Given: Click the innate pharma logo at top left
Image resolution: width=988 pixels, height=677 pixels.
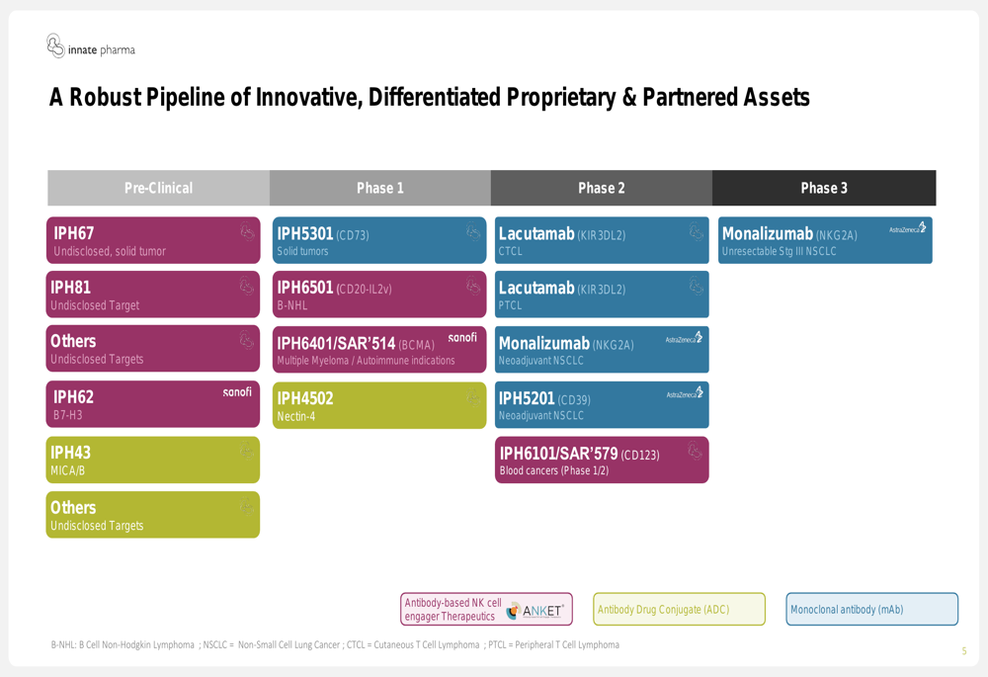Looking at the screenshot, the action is pos(91,46).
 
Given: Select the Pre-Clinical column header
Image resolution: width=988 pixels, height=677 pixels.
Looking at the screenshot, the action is pos(159,188).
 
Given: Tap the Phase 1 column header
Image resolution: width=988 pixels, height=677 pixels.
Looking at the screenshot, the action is pos(380,188).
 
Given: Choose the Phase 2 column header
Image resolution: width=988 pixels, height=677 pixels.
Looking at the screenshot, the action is pos(602,188).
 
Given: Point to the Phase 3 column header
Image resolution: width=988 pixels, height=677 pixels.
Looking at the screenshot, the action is pos(824,188).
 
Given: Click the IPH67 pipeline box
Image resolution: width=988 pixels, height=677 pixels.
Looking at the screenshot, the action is pos(153,240).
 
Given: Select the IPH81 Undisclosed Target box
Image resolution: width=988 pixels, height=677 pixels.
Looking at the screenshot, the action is pos(153,295).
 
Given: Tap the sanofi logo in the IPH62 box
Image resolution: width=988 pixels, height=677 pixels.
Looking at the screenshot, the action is pos(237,392).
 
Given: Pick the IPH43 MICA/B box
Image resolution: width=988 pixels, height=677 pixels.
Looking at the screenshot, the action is pos(153,460).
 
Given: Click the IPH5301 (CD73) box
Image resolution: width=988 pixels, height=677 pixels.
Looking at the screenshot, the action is pos(379,240).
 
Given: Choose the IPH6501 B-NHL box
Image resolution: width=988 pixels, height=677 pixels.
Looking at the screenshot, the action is pos(379,295).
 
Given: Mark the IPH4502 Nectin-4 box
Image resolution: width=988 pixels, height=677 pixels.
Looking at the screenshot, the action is pos(379,405).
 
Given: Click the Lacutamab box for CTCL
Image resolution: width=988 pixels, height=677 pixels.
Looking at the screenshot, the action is pos(602,240).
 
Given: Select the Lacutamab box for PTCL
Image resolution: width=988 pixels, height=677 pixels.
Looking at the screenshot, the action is pos(602,295).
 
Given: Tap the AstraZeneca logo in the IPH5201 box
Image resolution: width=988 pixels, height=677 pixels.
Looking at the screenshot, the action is pos(685,392).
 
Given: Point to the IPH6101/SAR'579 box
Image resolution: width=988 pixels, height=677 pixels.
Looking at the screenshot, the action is pos(602,460).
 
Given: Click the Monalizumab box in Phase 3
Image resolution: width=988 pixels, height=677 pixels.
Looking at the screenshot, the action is pos(825,240).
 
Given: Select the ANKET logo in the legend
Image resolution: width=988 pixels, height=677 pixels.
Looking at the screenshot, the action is pos(535,610).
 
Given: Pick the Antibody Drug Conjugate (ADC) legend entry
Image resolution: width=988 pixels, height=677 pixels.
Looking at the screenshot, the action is pos(680,609).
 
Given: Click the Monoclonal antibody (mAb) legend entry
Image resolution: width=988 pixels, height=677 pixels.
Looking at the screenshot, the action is pos(872,609).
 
